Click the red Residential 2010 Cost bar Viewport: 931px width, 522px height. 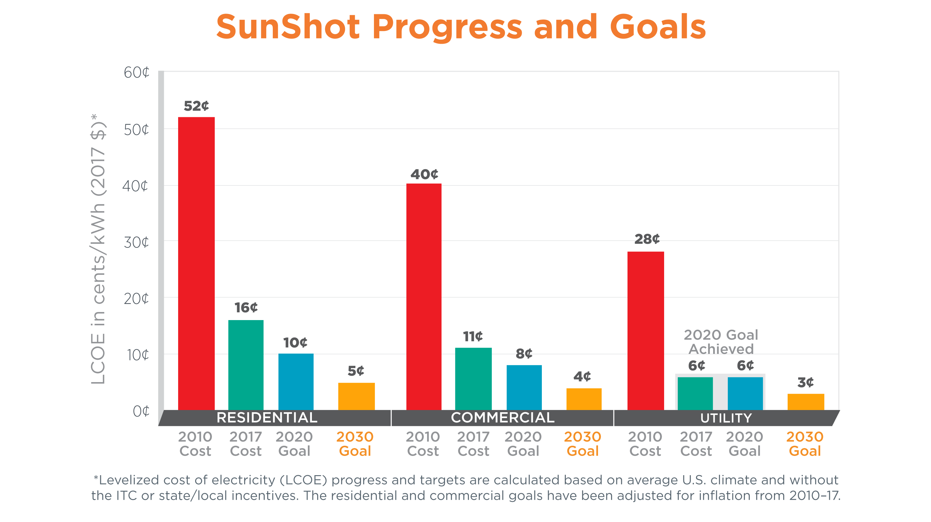[196, 263]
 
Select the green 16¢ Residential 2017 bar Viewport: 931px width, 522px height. [246, 365]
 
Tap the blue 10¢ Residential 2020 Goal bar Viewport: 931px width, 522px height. [296, 381]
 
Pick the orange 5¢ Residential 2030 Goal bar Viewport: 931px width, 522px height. [356, 396]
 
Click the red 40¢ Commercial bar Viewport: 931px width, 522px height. [424, 297]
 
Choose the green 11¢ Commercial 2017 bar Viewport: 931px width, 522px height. [473, 379]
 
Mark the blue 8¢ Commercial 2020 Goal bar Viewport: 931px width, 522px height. [524, 387]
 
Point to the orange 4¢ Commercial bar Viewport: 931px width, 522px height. [584, 399]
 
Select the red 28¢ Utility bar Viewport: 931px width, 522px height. [645, 331]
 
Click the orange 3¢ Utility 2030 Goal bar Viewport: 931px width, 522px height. [806, 402]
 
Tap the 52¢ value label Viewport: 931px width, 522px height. [196, 106]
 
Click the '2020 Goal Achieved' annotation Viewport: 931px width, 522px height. [721, 342]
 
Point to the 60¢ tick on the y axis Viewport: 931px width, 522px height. [136, 73]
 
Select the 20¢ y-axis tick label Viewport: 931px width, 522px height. [136, 299]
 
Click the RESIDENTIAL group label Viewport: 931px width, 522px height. [267, 417]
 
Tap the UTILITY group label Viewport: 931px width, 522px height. [726, 418]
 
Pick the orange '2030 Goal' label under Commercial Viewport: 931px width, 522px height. [582, 444]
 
